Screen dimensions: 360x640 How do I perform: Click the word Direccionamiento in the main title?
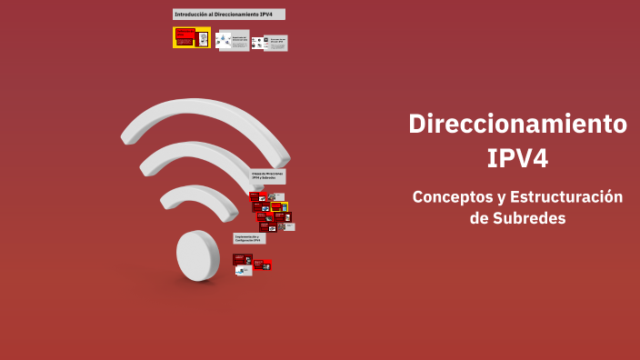(517, 124)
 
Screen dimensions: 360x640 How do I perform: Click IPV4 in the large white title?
(517, 158)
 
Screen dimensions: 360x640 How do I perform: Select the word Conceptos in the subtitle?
(448, 197)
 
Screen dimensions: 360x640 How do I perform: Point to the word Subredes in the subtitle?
(529, 218)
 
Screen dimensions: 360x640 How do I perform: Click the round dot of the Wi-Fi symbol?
(197, 255)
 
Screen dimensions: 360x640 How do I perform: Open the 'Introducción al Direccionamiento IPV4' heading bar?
(228, 15)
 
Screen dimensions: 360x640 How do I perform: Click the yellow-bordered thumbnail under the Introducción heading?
(192, 37)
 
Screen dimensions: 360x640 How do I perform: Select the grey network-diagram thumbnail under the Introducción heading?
(233, 40)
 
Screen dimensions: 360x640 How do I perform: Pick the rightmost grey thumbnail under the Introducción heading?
(275, 43)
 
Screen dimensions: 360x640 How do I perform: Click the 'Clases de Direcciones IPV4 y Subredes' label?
(268, 175)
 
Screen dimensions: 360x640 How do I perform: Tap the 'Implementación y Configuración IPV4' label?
(249, 238)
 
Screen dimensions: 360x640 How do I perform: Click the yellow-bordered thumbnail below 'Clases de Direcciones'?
(279, 207)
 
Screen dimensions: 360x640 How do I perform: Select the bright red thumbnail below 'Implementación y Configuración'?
(262, 265)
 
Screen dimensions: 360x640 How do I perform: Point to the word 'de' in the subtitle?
(479, 218)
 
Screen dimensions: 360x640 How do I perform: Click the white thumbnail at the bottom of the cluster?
(245, 271)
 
